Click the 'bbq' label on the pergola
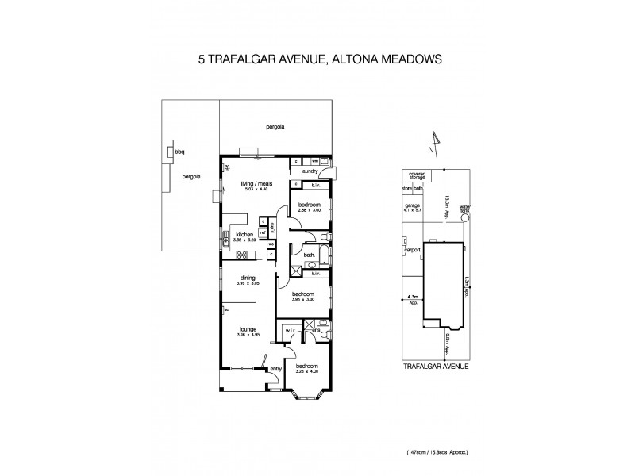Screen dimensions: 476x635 coord(180,151)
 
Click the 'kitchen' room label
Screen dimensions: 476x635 coord(244,235)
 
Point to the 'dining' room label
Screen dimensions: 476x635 coord(247,277)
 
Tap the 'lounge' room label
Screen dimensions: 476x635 coord(248,328)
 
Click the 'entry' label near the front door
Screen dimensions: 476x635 coord(276,368)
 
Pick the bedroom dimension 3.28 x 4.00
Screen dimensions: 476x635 coord(306,371)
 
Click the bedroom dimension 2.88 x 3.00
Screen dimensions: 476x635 coord(308,209)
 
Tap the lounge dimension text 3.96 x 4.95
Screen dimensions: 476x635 coord(248,334)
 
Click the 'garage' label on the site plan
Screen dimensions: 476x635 coord(412,205)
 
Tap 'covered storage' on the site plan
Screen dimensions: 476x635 coord(418,176)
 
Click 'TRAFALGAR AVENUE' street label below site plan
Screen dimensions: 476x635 coord(435,366)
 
